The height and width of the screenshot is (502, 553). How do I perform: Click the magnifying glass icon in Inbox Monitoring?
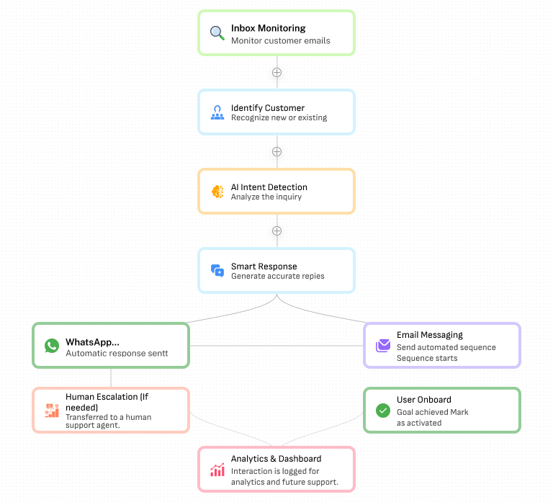[x=217, y=33]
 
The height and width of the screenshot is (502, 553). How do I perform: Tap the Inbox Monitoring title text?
[x=268, y=28]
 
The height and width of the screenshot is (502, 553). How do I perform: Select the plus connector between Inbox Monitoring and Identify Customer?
[x=276, y=72]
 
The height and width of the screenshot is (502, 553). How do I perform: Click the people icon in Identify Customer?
[x=217, y=112]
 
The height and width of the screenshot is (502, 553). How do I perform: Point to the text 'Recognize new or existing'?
[x=279, y=117]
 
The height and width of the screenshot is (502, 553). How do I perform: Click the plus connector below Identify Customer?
[x=276, y=151]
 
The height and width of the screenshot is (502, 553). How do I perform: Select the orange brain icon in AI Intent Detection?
[x=217, y=192]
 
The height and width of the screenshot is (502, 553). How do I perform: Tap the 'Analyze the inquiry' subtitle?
[x=266, y=197]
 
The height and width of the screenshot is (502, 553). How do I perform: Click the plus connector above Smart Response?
[x=276, y=230]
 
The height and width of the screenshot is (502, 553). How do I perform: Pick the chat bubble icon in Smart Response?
[x=217, y=271]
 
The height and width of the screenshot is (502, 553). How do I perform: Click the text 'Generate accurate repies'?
[x=277, y=276]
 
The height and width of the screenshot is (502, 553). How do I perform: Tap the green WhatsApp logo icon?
[x=51, y=346]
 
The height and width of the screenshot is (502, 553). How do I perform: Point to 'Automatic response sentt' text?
[x=117, y=354]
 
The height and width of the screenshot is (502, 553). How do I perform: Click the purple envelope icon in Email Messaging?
[x=382, y=346]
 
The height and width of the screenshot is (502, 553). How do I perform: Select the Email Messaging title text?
[x=429, y=335]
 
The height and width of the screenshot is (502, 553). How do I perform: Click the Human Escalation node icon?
[x=51, y=411]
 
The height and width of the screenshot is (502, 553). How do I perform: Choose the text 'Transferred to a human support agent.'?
[x=108, y=421]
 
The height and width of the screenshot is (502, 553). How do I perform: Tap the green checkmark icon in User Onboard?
[x=382, y=411]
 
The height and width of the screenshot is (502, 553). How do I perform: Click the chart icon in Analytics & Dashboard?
[x=217, y=470]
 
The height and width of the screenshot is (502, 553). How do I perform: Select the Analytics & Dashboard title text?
[x=276, y=459]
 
